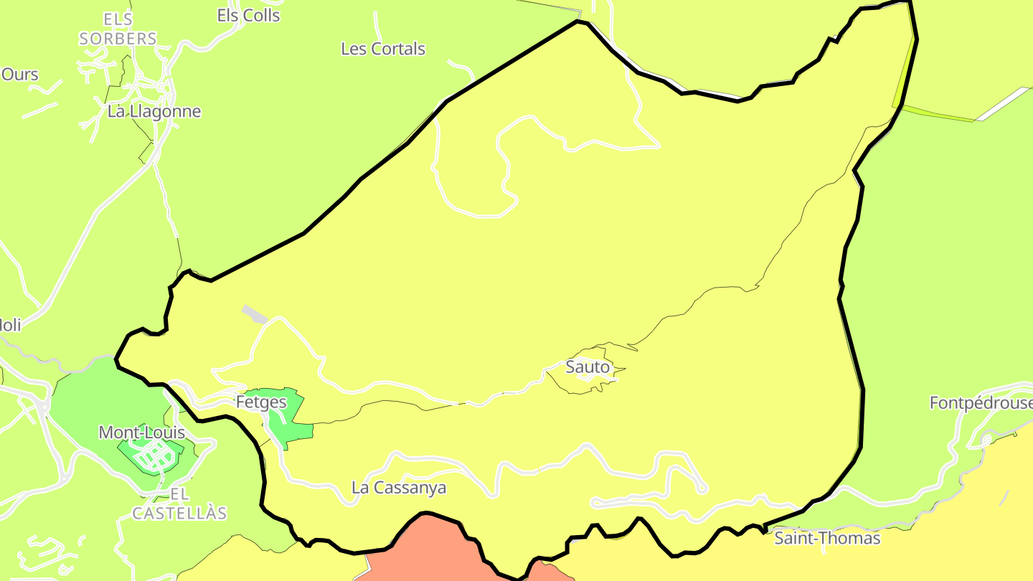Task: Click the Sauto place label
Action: pyautogui.click(x=588, y=367)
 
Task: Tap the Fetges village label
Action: pyautogui.click(x=261, y=402)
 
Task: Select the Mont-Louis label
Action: pyautogui.click(x=141, y=433)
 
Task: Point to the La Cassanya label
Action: pyautogui.click(x=398, y=488)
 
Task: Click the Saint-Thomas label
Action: pyautogui.click(x=827, y=538)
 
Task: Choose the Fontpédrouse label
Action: pyautogui.click(x=981, y=403)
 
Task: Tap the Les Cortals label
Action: pyautogui.click(x=383, y=49)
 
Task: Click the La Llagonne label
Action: pyautogui.click(x=154, y=111)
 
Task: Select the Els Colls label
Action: pyautogui.click(x=248, y=15)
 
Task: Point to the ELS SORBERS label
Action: pyautogui.click(x=118, y=29)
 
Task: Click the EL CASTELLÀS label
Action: pyautogui.click(x=179, y=504)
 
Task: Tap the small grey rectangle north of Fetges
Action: pyautogui.click(x=255, y=314)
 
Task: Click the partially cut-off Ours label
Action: pyautogui.click(x=19, y=74)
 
